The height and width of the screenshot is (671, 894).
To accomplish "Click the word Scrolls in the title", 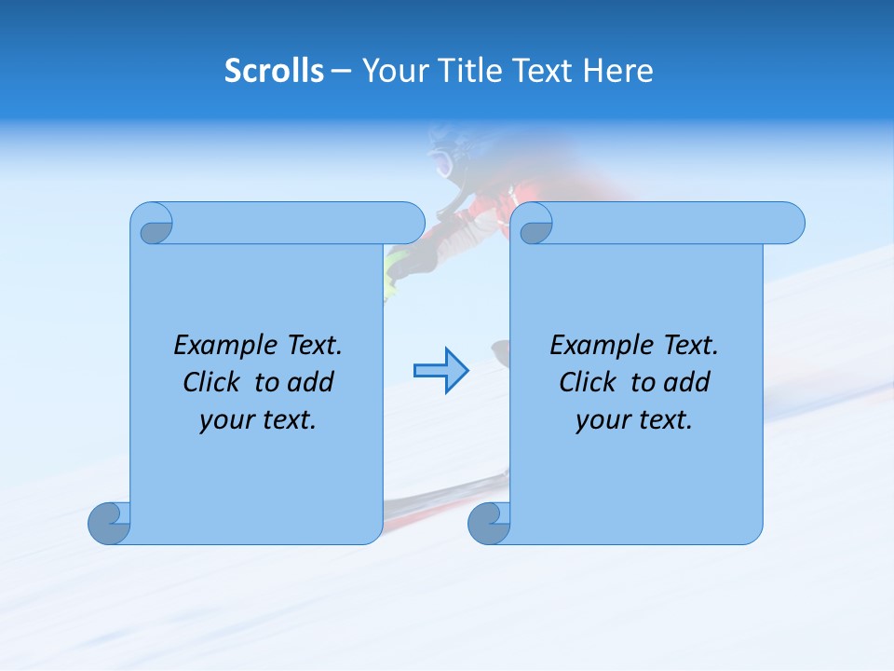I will (274, 71).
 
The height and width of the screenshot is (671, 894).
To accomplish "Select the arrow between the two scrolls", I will (440, 371).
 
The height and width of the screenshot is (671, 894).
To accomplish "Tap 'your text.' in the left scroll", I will (258, 419).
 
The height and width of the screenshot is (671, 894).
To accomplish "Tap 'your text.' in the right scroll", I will (634, 419).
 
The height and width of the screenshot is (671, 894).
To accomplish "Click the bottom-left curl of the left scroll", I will (110, 522).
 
